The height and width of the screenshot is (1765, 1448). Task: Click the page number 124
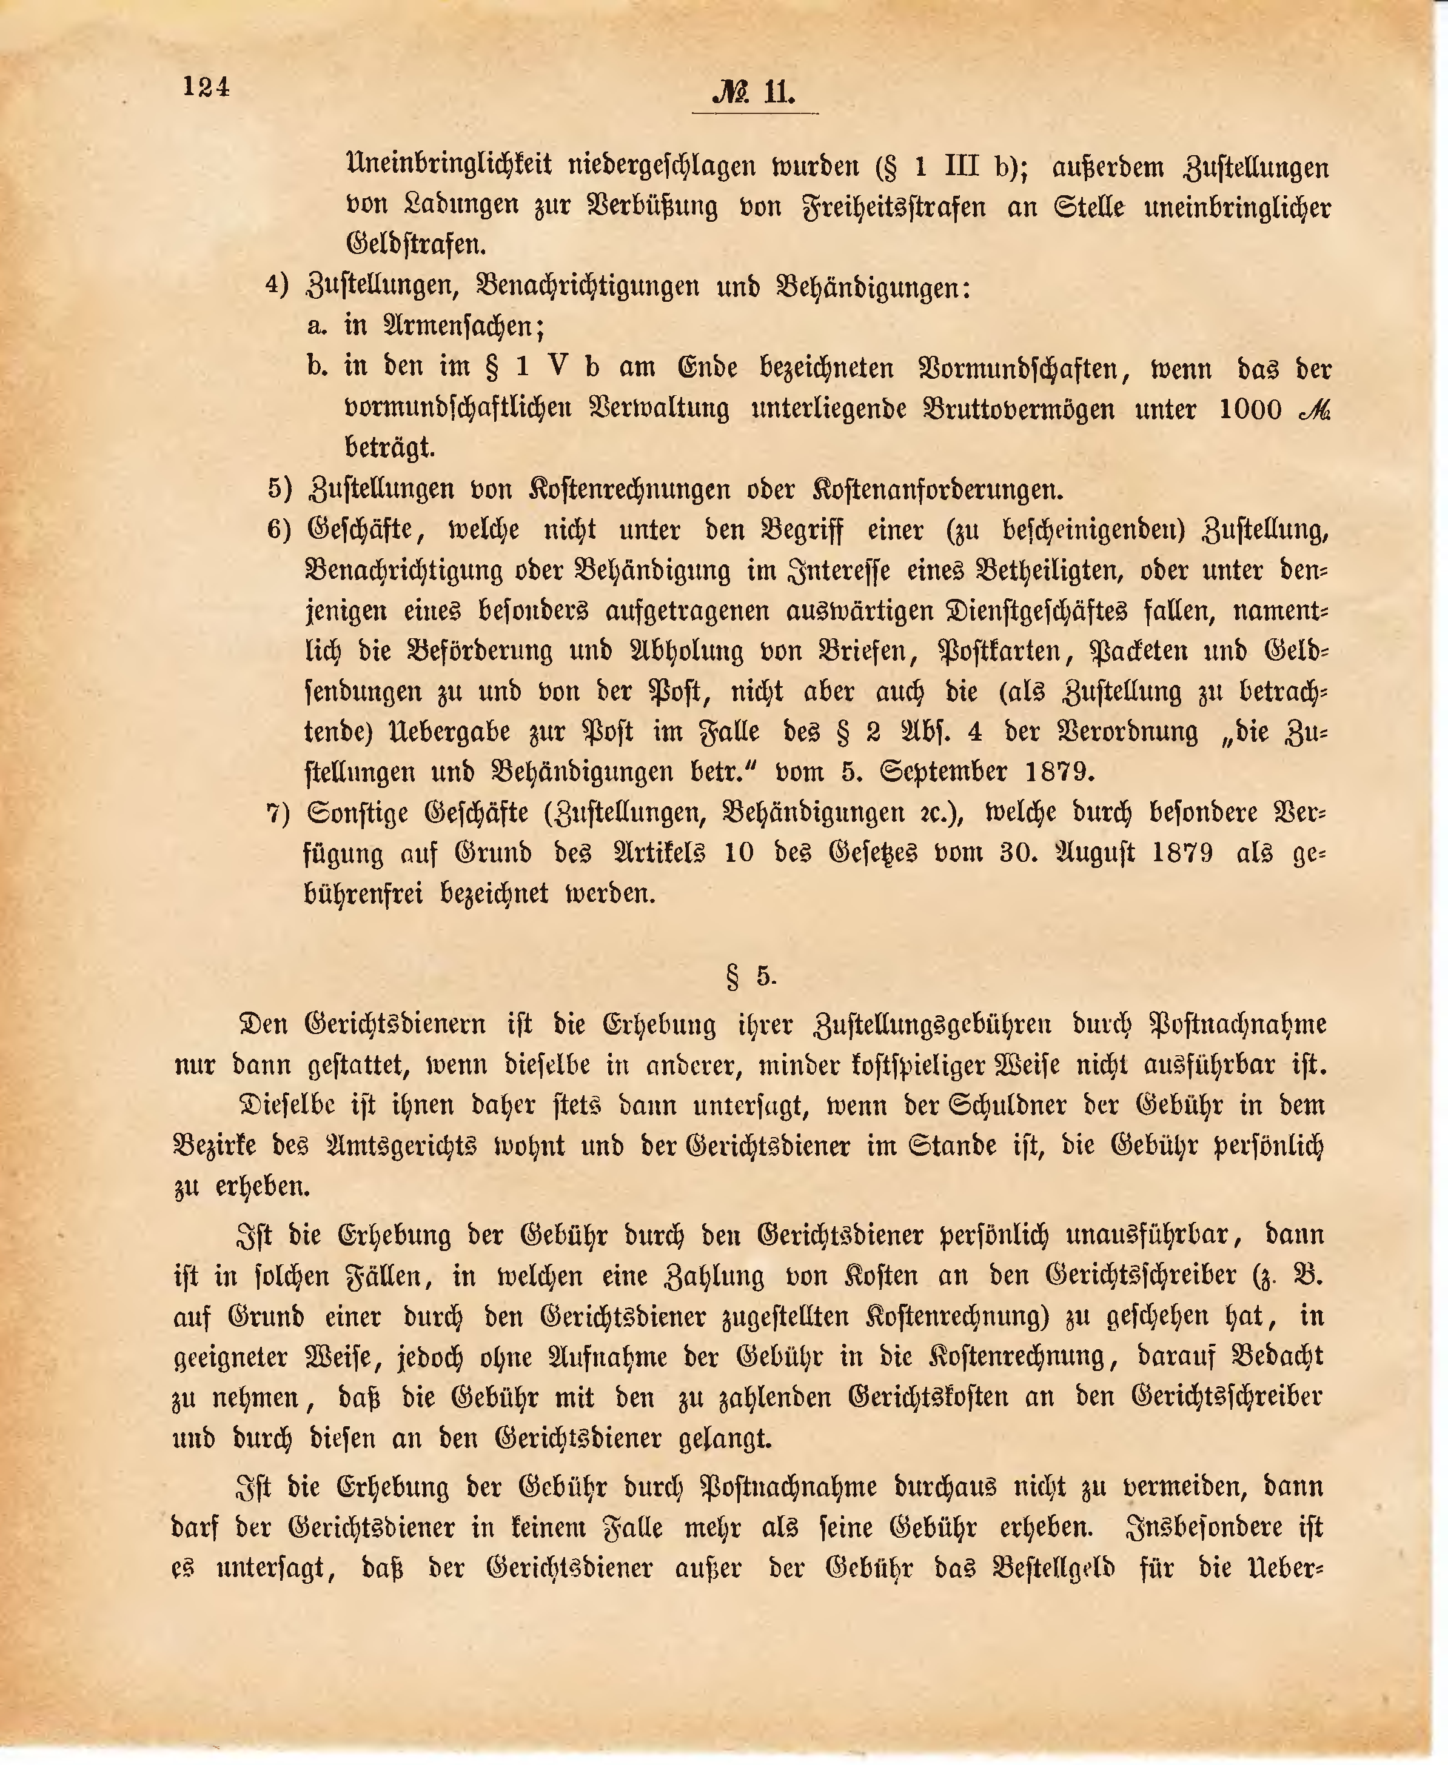tap(206, 87)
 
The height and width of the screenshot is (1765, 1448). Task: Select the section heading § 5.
tap(751, 975)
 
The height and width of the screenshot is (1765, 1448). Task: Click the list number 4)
tap(277, 285)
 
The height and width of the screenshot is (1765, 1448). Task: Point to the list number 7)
tap(278, 813)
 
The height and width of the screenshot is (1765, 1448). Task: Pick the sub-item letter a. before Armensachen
tap(317, 326)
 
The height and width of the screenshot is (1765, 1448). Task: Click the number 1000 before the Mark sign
tap(1250, 409)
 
